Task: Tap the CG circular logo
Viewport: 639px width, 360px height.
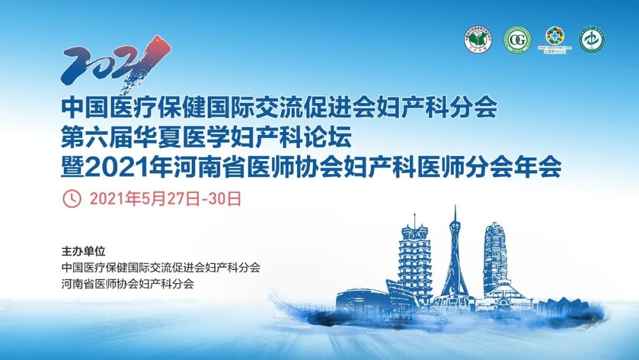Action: tap(517, 40)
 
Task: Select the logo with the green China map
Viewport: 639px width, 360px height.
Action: tap(478, 40)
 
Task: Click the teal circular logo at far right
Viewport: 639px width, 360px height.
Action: tap(592, 40)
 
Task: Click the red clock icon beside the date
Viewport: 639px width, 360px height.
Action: tap(72, 198)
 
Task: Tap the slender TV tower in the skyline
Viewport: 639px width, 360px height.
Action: tap(454, 255)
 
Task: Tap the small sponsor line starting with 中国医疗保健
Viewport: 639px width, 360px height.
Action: tap(160, 267)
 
